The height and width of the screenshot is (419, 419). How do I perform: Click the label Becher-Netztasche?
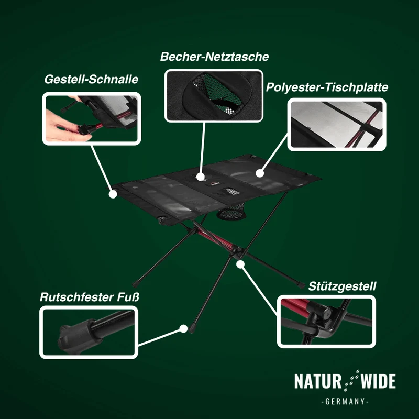(214, 57)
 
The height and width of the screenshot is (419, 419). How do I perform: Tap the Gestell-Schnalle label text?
(91, 79)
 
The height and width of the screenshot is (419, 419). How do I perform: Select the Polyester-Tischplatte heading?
(327, 87)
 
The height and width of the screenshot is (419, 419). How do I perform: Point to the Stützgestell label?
(342, 286)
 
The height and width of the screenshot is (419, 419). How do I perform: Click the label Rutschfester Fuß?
(89, 297)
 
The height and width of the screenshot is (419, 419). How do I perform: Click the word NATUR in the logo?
(318, 381)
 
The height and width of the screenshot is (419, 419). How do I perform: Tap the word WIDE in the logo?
(378, 381)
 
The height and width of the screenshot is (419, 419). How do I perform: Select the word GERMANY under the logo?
(345, 401)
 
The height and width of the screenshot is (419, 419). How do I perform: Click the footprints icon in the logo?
(351, 381)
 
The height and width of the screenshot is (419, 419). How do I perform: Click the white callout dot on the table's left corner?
(113, 194)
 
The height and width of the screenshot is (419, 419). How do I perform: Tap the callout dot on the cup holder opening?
(200, 177)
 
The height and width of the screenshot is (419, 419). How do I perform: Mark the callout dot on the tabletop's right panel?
(259, 173)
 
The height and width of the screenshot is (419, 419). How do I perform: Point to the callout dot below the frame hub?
(240, 264)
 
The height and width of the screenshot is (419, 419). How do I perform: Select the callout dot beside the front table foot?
(183, 329)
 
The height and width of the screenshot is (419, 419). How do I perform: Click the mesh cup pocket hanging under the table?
(231, 212)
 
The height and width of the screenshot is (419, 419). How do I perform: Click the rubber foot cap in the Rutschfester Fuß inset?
(78, 336)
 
